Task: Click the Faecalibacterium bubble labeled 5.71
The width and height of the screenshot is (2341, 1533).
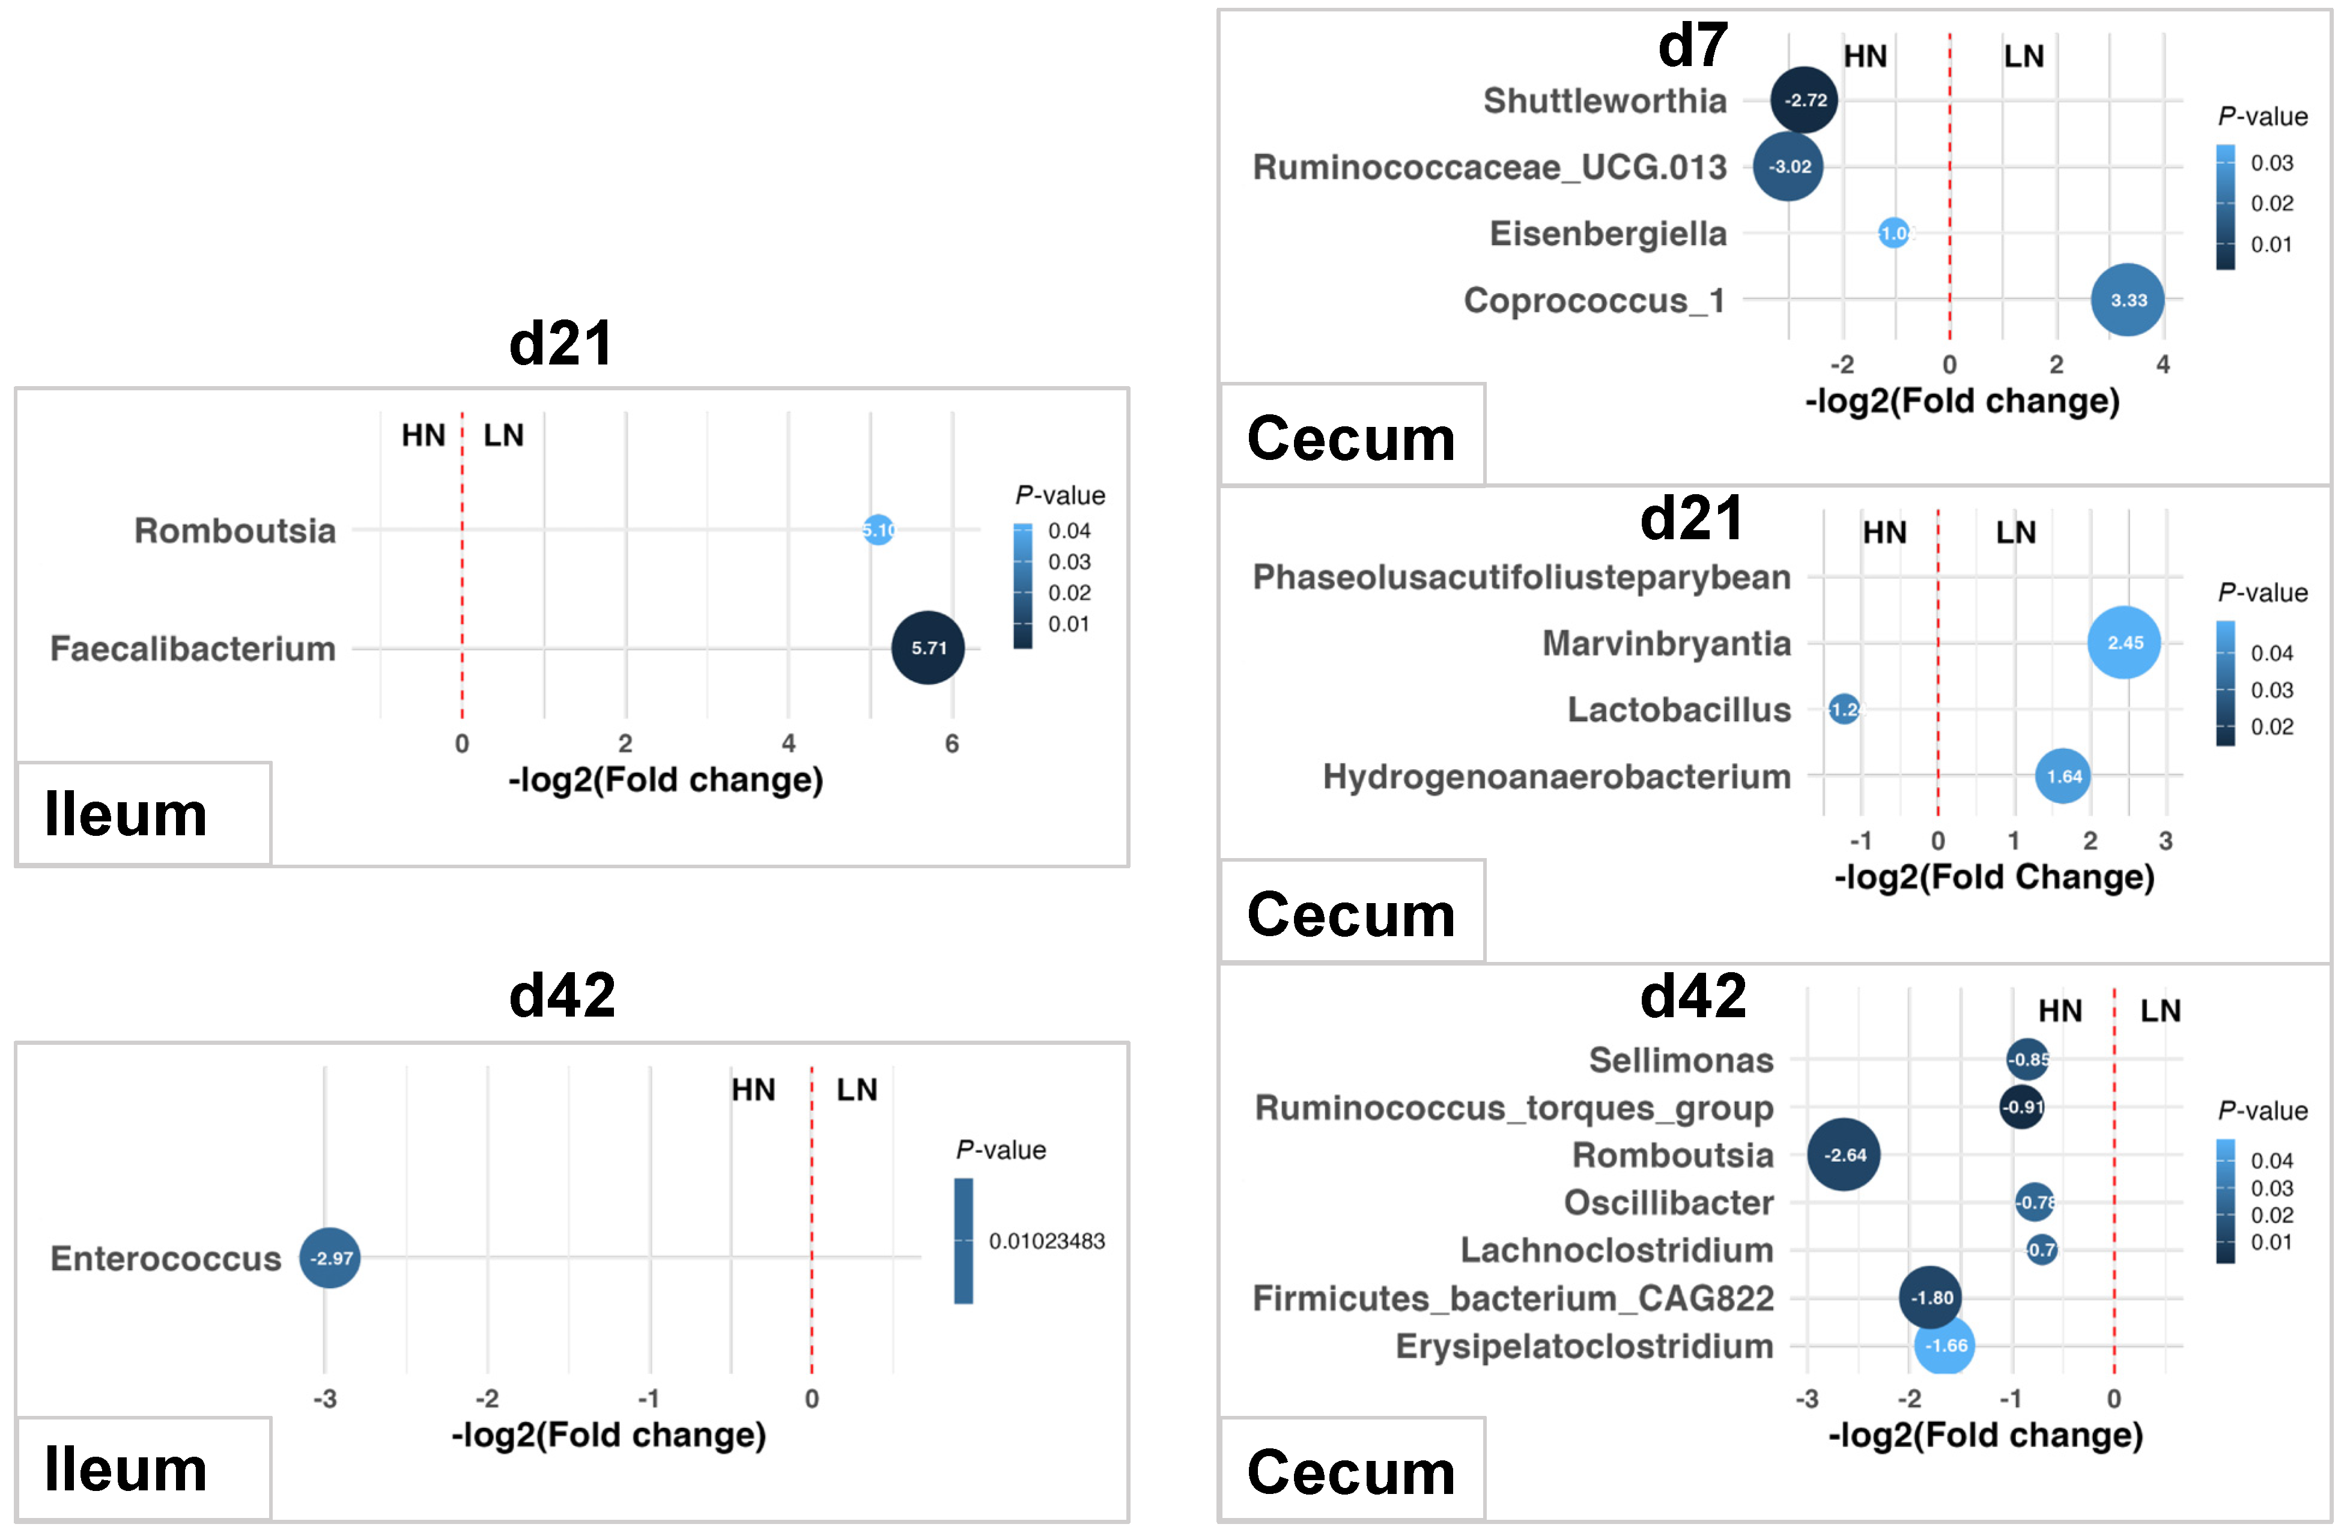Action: point(928,648)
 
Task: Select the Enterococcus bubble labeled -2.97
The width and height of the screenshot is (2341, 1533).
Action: point(330,1257)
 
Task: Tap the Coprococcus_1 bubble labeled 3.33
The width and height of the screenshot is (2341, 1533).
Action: point(2128,300)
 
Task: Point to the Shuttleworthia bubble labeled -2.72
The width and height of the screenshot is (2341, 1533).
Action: point(1804,100)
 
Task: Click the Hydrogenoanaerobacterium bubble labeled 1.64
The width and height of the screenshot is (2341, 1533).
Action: point(2063,776)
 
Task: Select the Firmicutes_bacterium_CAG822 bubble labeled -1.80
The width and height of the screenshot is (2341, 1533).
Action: point(1931,1298)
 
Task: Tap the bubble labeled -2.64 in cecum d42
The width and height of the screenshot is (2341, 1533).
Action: point(1844,1155)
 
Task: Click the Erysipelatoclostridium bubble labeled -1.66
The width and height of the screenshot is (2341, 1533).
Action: point(1945,1345)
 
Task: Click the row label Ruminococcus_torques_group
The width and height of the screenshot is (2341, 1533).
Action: point(1514,1108)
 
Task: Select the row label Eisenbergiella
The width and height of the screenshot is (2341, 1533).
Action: point(1608,234)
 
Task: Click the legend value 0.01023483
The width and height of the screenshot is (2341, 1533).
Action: point(1046,1241)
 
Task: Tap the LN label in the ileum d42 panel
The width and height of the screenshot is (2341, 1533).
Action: point(857,1089)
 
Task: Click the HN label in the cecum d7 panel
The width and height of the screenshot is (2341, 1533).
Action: point(1865,57)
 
